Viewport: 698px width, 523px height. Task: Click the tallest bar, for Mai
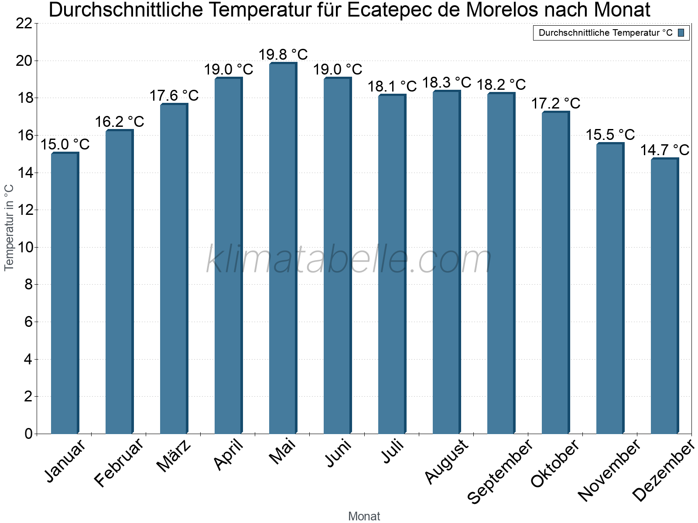point(283,248)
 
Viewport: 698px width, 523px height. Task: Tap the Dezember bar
point(664,296)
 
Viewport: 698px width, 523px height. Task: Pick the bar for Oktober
point(555,273)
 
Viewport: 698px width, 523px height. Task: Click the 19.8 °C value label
point(283,55)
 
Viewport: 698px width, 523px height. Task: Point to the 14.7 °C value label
point(664,150)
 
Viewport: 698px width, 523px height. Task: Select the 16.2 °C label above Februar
point(120,122)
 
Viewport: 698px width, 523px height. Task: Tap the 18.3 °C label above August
point(447,82)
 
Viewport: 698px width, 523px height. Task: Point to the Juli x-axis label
point(393,452)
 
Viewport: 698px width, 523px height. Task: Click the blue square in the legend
point(681,33)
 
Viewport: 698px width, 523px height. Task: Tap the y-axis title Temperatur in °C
point(9,228)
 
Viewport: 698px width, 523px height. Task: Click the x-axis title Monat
point(364,516)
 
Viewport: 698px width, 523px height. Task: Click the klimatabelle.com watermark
point(349,260)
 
